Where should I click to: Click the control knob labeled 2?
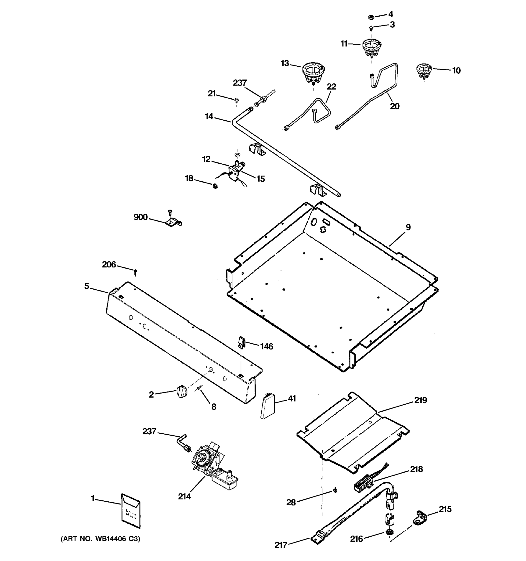tap(182, 392)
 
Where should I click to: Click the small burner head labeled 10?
tap(424, 71)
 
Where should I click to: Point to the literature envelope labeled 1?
tap(131, 511)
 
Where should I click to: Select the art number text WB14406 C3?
tap(100, 539)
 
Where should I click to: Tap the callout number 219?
tap(421, 400)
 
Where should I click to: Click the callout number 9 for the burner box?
tap(408, 227)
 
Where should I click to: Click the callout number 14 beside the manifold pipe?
tap(209, 116)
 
